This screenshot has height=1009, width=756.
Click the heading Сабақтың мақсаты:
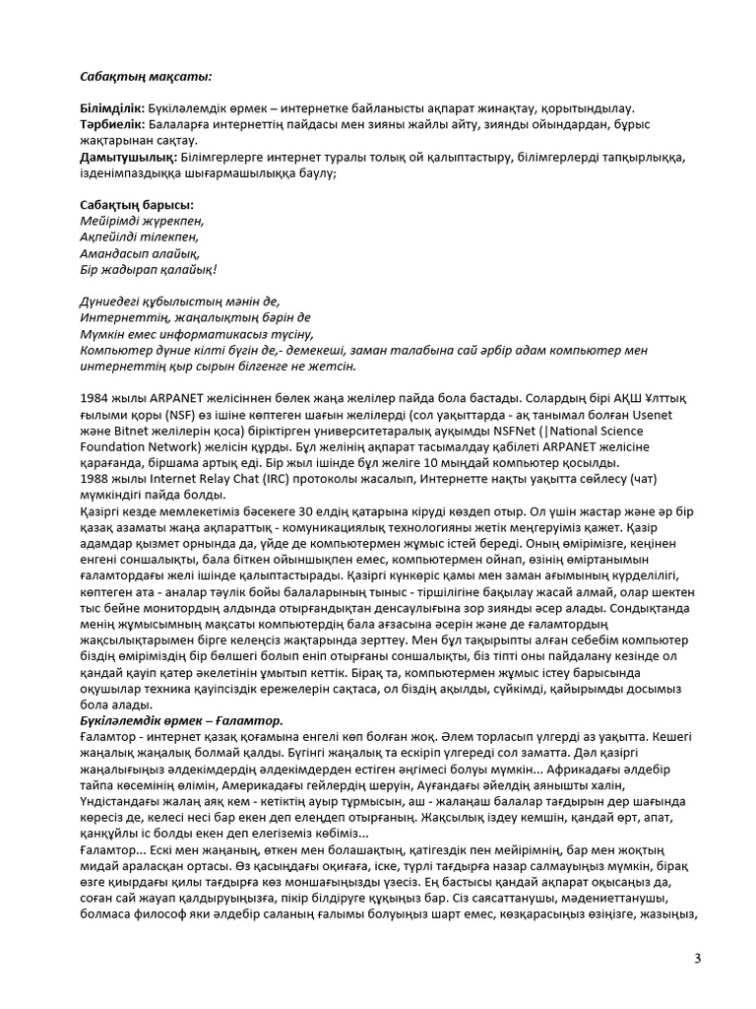pyautogui.click(x=145, y=75)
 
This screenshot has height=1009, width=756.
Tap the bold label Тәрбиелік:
pyautogui.click(x=112, y=124)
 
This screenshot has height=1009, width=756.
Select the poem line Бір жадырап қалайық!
pyautogui.click(x=148, y=269)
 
